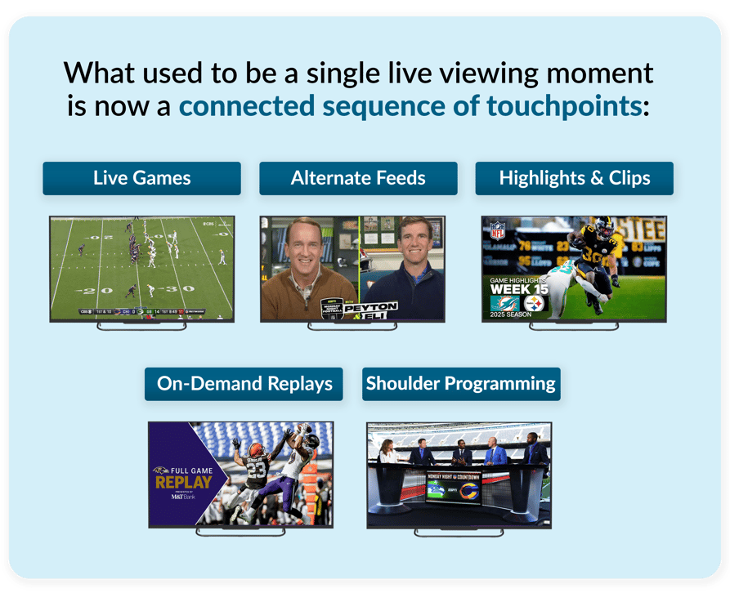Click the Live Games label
tap(141, 178)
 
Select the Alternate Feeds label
tap(358, 178)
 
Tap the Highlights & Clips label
tap(574, 178)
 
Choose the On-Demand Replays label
tap(244, 384)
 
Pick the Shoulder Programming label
tap(461, 384)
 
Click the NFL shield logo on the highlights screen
tap(496, 231)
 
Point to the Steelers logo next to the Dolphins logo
tap(534, 303)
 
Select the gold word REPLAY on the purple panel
tap(183, 482)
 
